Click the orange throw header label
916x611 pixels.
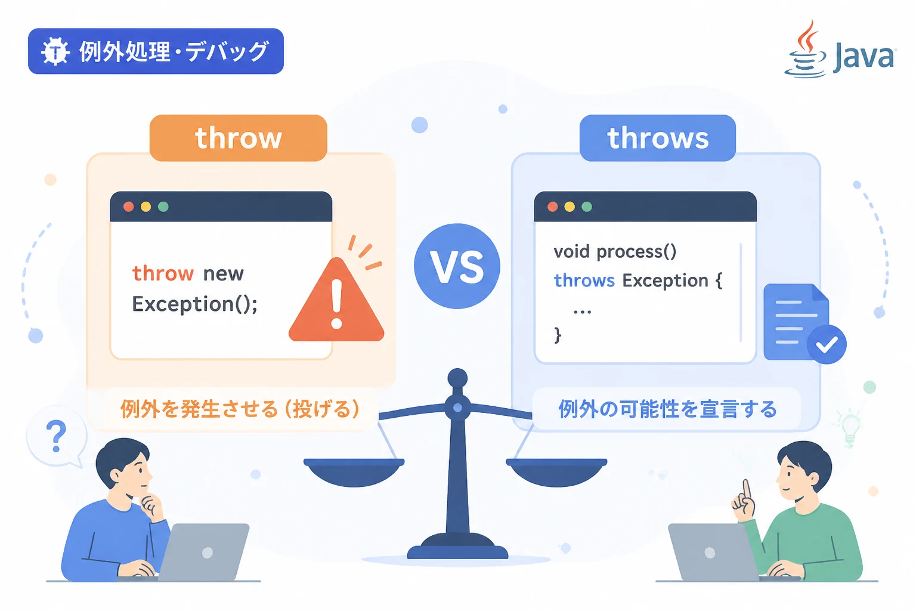click(x=239, y=138)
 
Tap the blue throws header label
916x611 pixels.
click(x=658, y=138)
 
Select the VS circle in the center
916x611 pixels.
click(x=457, y=266)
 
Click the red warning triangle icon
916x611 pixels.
click(x=336, y=301)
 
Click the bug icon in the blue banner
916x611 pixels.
click(x=55, y=51)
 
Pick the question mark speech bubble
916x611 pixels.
click(x=57, y=436)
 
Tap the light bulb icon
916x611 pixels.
click(x=850, y=428)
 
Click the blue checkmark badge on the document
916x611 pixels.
click(x=827, y=345)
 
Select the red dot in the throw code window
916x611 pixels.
click(x=128, y=206)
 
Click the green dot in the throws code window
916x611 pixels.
click(x=587, y=206)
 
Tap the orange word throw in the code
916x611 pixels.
click(x=163, y=273)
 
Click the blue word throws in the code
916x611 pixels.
click(x=584, y=281)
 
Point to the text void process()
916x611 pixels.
click(x=615, y=251)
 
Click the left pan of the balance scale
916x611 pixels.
click(x=354, y=472)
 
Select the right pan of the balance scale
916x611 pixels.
click(x=556, y=472)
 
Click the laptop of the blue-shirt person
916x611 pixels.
click(x=203, y=552)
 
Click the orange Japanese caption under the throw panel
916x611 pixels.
click(x=240, y=409)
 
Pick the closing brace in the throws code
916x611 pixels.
click(x=558, y=335)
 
